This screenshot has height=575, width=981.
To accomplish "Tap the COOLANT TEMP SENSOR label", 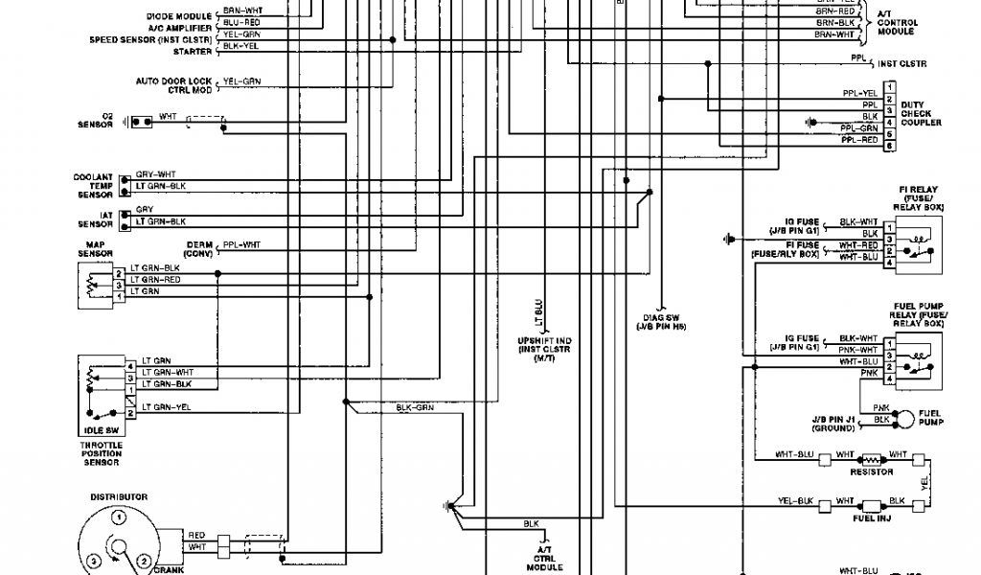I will click(94, 184).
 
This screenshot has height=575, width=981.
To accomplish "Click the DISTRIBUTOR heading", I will click(119, 497).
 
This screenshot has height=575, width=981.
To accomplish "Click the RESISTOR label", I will click(872, 471).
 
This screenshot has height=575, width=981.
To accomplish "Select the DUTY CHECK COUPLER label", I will click(921, 113).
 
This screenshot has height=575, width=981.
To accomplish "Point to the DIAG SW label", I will click(662, 323).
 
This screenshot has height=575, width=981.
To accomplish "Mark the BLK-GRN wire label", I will click(415, 407).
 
